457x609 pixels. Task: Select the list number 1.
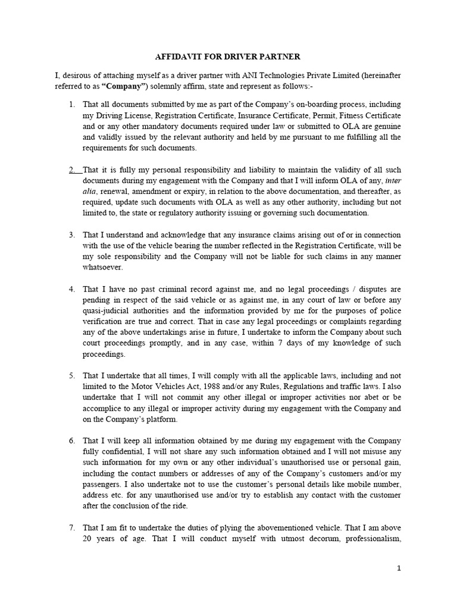[x=71, y=105]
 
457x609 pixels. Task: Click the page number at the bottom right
[x=399, y=569]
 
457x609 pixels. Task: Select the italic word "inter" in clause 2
[x=393, y=180]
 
